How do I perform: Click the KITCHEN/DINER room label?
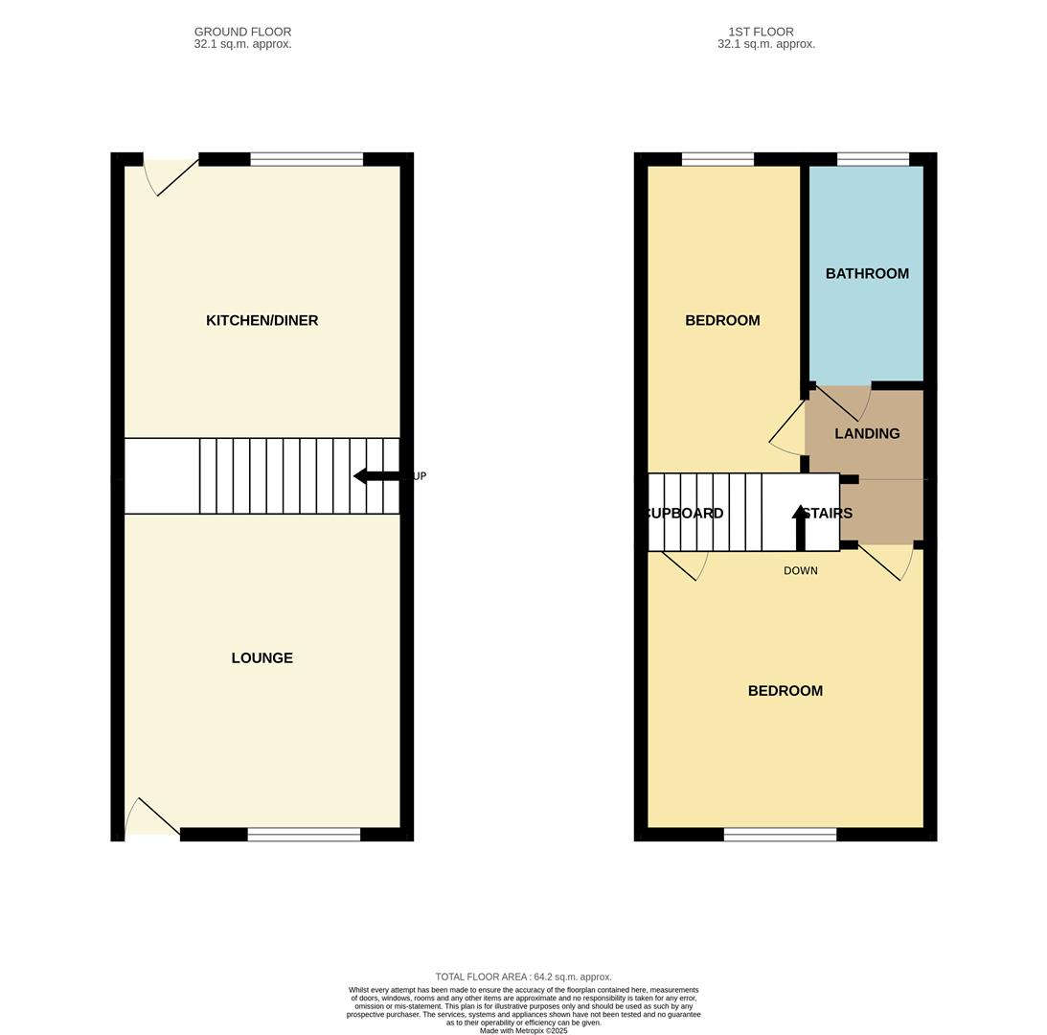[x=262, y=320]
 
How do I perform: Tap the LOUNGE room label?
[x=262, y=657]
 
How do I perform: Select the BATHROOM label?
[x=867, y=273]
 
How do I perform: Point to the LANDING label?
[x=867, y=433]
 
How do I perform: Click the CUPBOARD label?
[x=684, y=513]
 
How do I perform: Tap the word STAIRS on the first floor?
[x=828, y=513]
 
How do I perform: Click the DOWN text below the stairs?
[x=801, y=570]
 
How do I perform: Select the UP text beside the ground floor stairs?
[x=420, y=476]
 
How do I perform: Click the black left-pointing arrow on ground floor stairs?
[x=376, y=476]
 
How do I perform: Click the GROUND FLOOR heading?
[x=242, y=32]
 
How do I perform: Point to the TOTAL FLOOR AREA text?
[x=523, y=977]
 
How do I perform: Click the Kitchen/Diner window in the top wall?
[x=307, y=159]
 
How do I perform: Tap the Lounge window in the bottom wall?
[x=304, y=835]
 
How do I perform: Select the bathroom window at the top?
[x=873, y=159]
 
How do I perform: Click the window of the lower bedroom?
[x=780, y=835]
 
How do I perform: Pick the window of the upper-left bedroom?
[x=717, y=159]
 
